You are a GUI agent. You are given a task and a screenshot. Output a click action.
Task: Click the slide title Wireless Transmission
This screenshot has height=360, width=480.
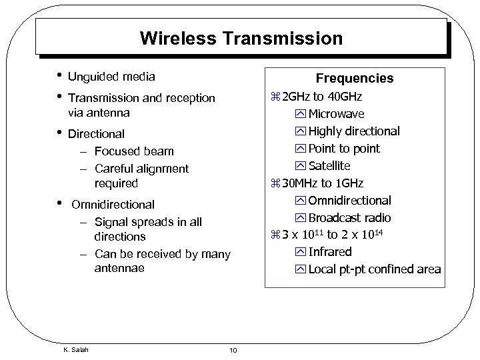click(241, 38)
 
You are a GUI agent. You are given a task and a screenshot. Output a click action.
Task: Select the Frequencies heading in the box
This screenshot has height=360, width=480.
click(354, 79)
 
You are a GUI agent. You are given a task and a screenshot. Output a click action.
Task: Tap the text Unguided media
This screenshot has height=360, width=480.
click(111, 77)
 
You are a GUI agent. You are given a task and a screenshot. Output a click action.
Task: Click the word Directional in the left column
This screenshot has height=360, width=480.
click(96, 134)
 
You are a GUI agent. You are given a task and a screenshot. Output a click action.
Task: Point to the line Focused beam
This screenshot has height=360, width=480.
click(134, 151)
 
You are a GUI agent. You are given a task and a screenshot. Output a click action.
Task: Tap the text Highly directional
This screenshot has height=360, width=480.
click(354, 131)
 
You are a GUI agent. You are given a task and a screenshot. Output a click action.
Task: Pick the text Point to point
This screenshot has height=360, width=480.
click(344, 148)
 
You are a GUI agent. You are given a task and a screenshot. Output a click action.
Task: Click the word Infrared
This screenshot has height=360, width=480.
click(329, 252)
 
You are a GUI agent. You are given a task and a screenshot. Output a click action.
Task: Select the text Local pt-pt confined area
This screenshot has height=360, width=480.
click(374, 269)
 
